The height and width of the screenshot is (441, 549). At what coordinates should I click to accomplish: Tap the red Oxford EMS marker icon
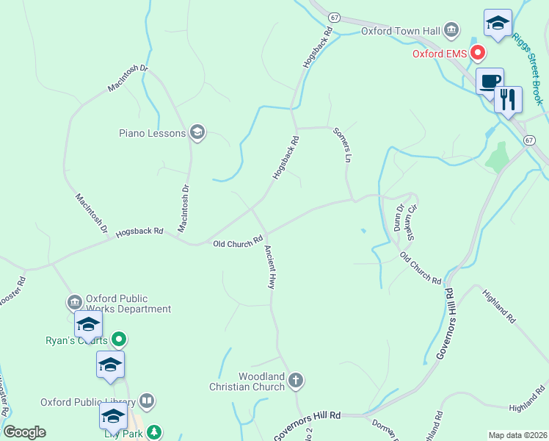pyautogui.click(x=478, y=52)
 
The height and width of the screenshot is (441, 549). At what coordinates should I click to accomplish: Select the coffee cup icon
pyautogui.click(x=490, y=81)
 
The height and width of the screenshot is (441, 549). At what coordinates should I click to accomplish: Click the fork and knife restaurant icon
pyautogui.click(x=508, y=98)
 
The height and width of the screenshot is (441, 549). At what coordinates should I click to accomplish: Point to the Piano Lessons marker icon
pyautogui.click(x=197, y=132)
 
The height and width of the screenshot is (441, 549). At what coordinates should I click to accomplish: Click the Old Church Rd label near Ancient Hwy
pyautogui.click(x=238, y=242)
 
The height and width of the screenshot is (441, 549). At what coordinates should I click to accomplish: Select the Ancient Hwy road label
pyautogui.click(x=270, y=265)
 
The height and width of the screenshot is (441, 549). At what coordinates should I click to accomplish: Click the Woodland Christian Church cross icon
pyautogui.click(x=295, y=380)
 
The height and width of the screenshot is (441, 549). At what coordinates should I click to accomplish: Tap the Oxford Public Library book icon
pyautogui.click(x=147, y=401)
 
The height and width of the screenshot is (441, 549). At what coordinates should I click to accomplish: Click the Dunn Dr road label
pyautogui.click(x=399, y=218)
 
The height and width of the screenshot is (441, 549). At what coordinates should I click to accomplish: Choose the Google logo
pyautogui.click(x=25, y=432)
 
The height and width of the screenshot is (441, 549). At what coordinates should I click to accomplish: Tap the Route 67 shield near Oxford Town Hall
pyautogui.click(x=334, y=16)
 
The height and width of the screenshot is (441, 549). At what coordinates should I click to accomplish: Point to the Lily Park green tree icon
pyautogui.click(x=154, y=431)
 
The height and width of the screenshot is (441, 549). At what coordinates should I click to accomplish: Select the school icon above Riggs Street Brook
pyautogui.click(x=498, y=22)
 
